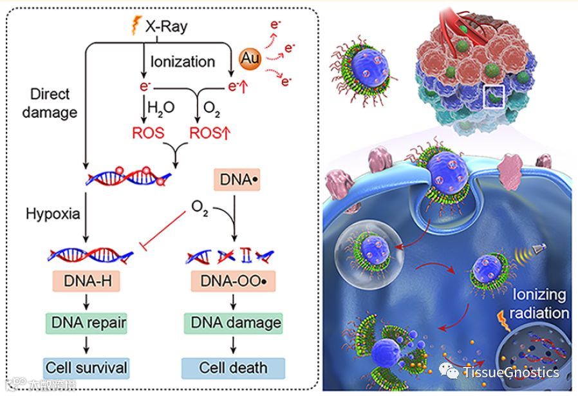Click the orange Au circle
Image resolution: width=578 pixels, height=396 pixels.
[248, 59]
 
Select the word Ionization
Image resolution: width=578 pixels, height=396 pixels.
[183, 62]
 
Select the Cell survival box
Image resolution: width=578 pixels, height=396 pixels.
[86, 368]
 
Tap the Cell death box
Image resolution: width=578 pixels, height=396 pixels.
[233, 368]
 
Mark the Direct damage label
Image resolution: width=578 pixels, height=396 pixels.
[50, 103]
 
